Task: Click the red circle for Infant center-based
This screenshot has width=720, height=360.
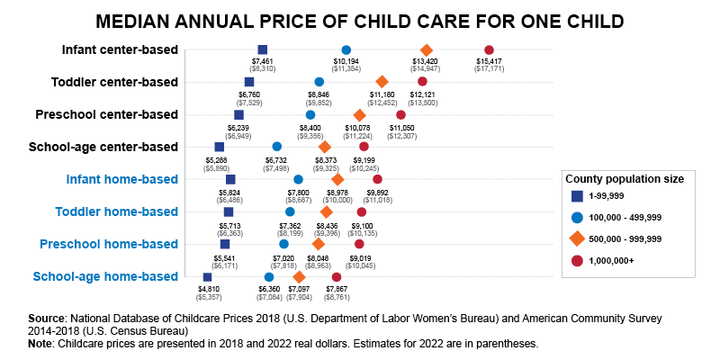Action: coord(489,49)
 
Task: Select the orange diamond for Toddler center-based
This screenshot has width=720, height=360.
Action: coord(382,82)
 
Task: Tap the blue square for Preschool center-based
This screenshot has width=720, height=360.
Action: coord(238,114)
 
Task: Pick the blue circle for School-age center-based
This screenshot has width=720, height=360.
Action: coord(276,147)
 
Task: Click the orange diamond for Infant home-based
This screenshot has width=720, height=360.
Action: coord(337,179)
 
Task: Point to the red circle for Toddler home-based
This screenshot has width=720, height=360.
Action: coord(362,211)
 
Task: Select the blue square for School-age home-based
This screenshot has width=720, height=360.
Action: coord(207,277)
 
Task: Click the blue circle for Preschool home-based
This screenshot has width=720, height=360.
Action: coord(283,244)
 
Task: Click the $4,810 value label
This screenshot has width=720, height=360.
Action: coord(208,288)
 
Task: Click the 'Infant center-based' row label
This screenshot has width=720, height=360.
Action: coord(120,49)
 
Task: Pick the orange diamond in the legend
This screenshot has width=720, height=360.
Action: coord(575,238)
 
